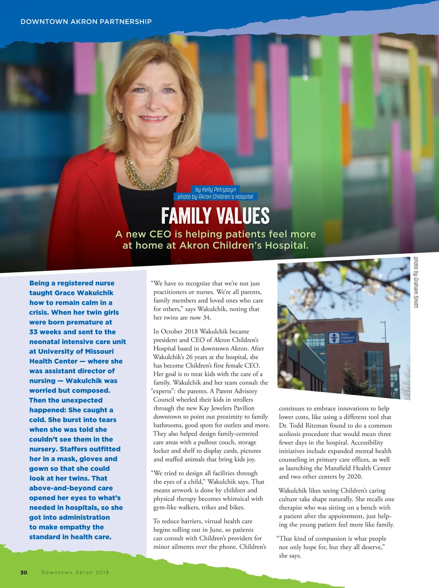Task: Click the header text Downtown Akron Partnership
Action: (x=86, y=22)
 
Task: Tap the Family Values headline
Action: (x=215, y=216)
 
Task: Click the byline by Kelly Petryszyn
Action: (x=215, y=189)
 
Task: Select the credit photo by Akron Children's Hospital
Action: (x=215, y=197)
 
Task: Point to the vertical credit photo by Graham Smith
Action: (x=416, y=282)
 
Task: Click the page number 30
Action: (x=24, y=572)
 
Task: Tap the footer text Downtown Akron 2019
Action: (x=75, y=572)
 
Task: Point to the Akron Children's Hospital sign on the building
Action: (x=342, y=338)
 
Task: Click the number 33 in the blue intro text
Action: (x=33, y=332)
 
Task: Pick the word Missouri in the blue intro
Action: (x=98, y=351)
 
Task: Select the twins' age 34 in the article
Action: (x=207, y=317)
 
